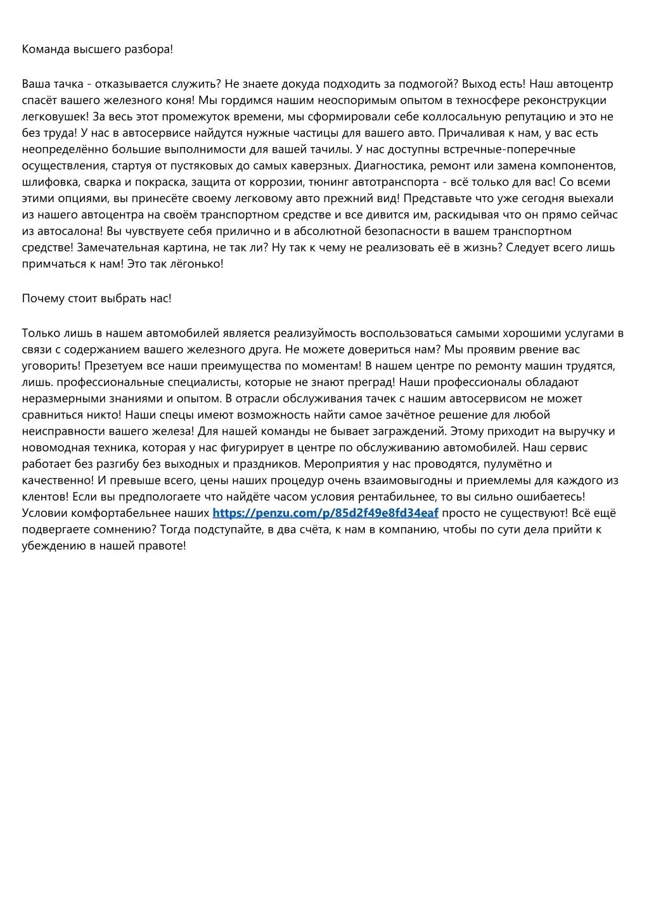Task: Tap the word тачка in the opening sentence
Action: (x=68, y=84)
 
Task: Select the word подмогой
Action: (x=427, y=84)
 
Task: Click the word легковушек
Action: (x=55, y=117)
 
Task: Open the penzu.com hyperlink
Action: (x=325, y=513)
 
